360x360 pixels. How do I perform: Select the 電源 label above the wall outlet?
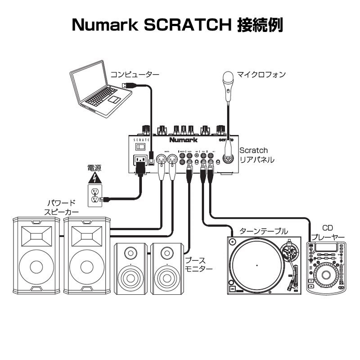[94, 168]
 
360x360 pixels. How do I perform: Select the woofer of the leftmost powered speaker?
[36, 266]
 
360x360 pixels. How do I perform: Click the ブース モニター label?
[198, 264]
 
